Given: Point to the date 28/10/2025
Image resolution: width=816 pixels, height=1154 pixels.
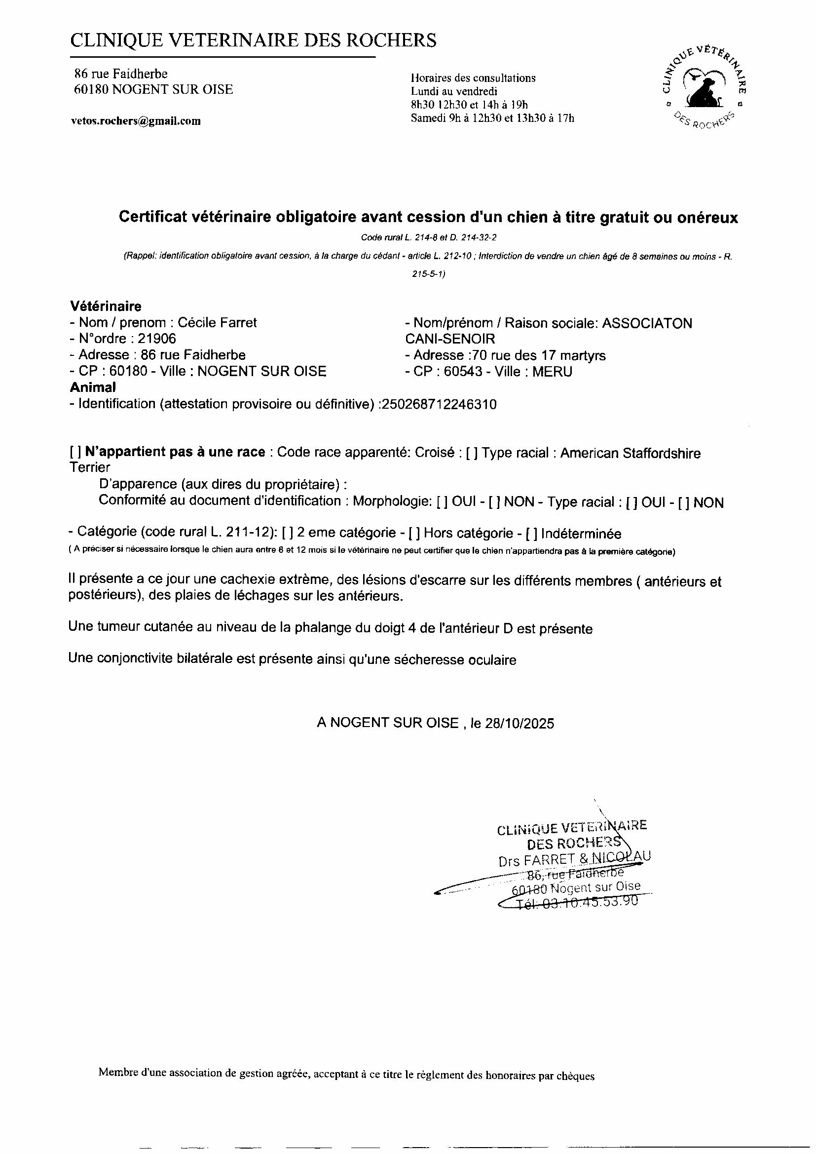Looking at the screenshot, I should point(519,723).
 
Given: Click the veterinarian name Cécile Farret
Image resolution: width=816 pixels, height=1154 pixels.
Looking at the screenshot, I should point(217,323).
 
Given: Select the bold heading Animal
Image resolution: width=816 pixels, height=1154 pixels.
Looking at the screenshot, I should point(92,387).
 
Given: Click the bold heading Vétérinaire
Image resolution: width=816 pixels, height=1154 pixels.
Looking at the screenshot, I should point(106,306).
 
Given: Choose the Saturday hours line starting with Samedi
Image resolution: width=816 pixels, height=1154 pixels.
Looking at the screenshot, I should point(492,118).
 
